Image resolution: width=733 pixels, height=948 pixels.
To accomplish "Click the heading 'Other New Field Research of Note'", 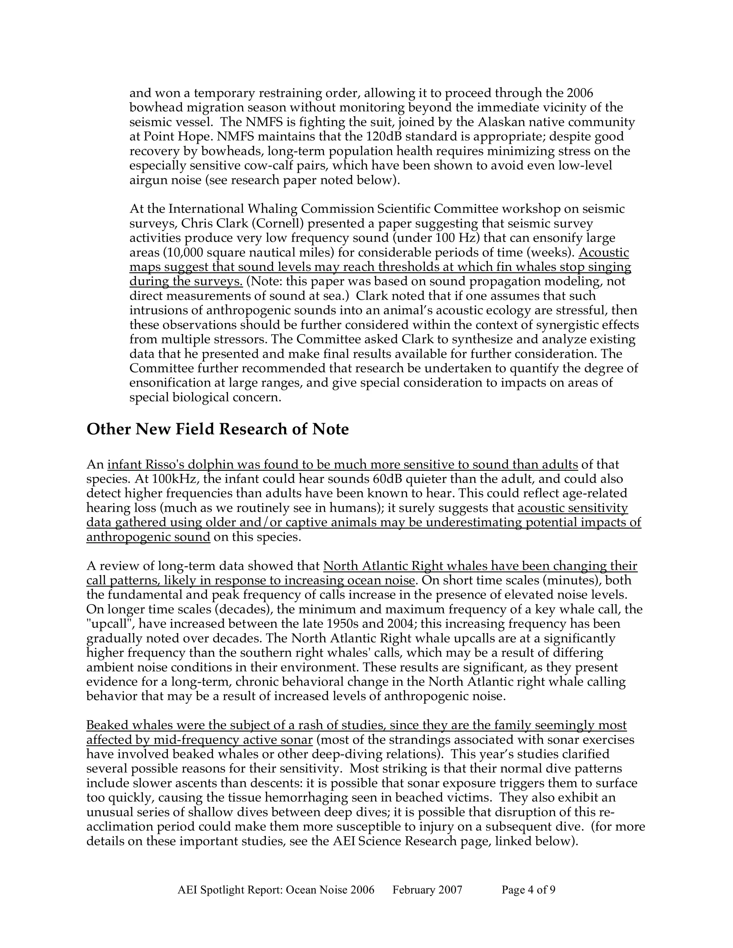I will [x=218, y=429].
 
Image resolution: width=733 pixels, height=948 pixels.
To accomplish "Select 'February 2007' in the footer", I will [x=427, y=890].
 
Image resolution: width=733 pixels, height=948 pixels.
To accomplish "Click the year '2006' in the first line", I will [x=580, y=93].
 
